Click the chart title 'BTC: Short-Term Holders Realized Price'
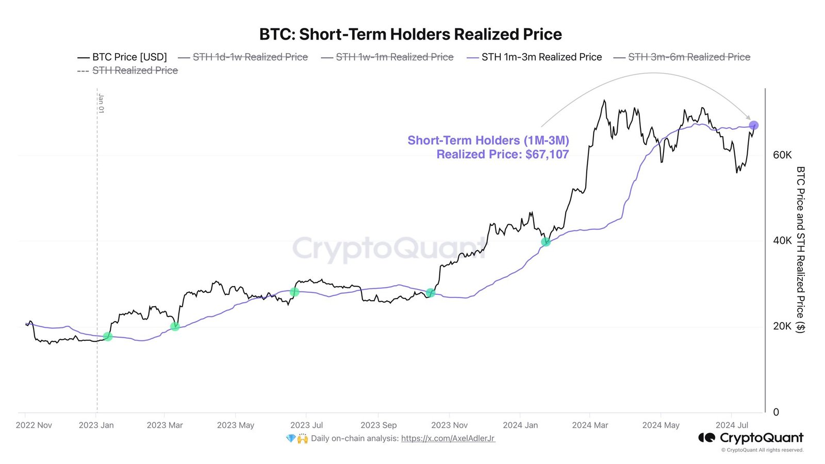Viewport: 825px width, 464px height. (x=410, y=34)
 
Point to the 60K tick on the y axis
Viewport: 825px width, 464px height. (x=782, y=155)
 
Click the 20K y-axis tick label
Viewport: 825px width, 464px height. (x=782, y=326)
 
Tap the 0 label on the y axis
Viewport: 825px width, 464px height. (x=776, y=412)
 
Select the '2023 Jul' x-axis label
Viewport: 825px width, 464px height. (x=306, y=425)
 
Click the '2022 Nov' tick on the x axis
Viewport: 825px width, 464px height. (x=34, y=425)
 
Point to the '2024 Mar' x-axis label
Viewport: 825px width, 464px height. (x=590, y=425)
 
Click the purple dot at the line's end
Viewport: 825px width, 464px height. (x=753, y=125)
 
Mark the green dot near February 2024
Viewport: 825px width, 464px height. (x=546, y=242)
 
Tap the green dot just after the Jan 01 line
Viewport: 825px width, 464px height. (x=108, y=337)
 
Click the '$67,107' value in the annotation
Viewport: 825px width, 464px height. (x=547, y=154)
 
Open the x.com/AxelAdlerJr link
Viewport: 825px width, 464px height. (x=448, y=439)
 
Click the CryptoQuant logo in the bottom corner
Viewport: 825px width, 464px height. (x=751, y=438)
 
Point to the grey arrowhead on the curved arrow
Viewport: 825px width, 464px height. (x=748, y=118)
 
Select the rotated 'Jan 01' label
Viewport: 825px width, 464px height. (x=101, y=103)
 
